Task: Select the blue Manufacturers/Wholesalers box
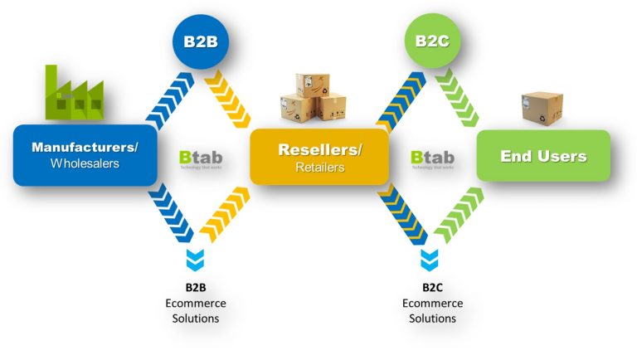[85, 155]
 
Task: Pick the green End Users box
[543, 155]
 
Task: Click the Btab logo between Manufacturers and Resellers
[201, 158]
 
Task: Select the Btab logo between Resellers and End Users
[432, 158]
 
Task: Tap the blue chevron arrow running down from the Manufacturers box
[173, 213]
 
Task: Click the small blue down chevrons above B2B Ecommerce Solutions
[196, 259]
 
